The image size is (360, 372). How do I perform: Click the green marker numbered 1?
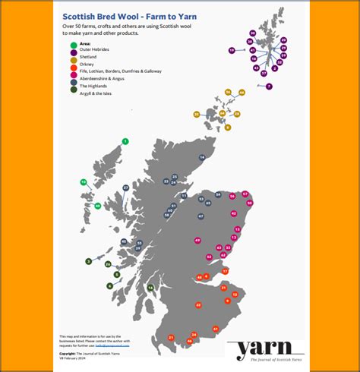(x=125, y=141)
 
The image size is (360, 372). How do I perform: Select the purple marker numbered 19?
(x=232, y=50)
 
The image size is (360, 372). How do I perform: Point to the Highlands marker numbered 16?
(x=202, y=158)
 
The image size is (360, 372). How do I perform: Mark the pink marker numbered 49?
(x=197, y=241)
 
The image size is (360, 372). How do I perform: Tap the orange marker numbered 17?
(x=225, y=270)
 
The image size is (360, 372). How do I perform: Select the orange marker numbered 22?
(x=198, y=304)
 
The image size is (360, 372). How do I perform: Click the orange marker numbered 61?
(x=216, y=329)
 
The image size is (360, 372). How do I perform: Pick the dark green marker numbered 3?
(x=89, y=260)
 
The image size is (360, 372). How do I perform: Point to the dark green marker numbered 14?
(x=150, y=288)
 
